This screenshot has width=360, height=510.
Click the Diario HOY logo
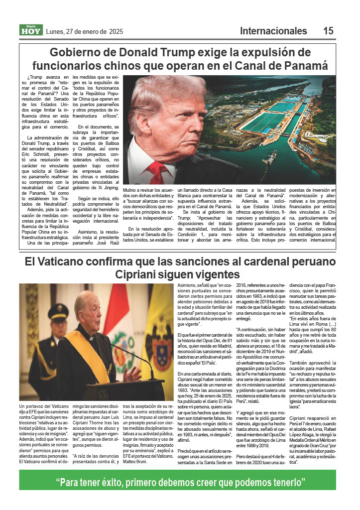pos(31,30)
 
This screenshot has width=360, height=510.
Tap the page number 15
pos(328,31)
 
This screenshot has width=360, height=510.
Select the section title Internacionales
pos(273,31)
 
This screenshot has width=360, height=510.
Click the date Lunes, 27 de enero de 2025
pos(84,31)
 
